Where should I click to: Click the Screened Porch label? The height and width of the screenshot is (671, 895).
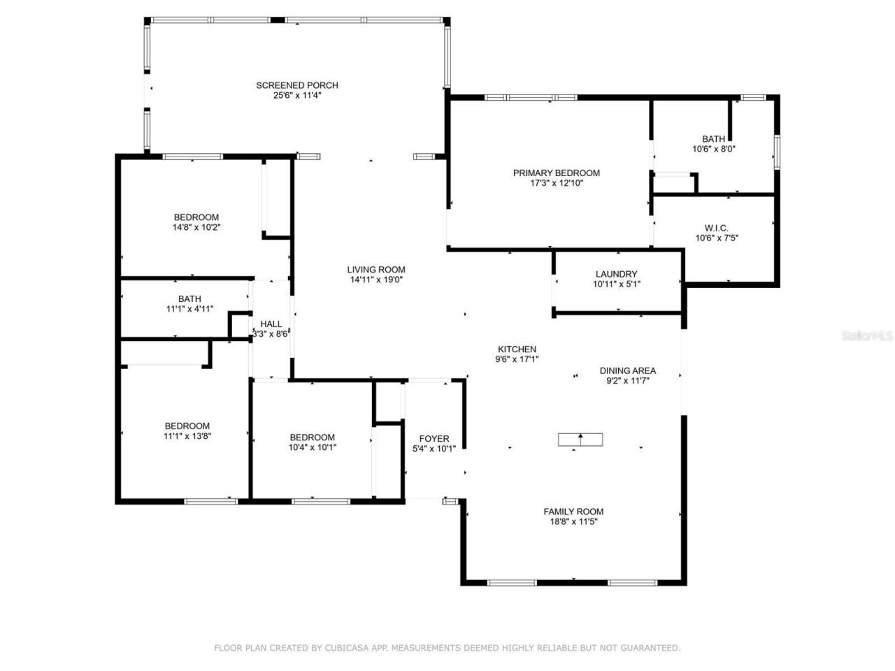296,85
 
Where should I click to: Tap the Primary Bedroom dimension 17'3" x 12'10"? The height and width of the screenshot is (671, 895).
556,183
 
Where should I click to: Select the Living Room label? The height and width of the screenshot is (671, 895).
376,270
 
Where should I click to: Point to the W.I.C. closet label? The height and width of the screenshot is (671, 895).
716,228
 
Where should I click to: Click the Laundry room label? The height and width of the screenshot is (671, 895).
616,274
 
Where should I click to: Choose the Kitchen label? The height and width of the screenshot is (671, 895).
517,349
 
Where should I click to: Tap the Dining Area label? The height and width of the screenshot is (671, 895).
627,371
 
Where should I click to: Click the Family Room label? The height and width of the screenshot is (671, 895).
573,512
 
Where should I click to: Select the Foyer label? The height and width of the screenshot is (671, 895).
434,439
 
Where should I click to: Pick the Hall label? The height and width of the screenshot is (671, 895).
271,324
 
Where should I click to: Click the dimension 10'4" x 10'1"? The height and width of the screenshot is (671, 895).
313,447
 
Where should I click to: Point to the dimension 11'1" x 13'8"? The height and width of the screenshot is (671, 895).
187,436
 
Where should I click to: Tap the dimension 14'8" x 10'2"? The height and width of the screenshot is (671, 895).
196,227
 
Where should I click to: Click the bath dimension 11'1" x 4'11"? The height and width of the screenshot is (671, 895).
189,309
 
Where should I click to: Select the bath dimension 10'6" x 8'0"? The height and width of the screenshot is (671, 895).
713,149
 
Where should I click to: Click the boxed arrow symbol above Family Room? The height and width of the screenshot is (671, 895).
580,440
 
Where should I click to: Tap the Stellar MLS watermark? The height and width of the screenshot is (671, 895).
867,336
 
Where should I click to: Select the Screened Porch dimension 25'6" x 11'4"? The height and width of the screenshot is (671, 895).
296,95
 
